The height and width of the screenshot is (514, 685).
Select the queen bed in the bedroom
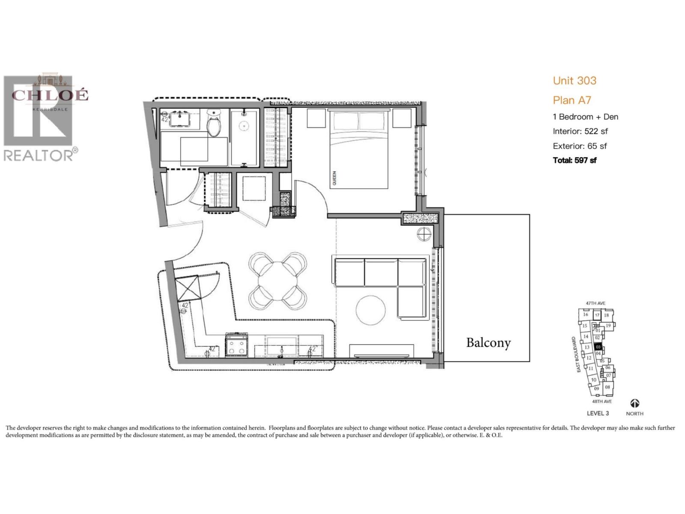tap(359, 150)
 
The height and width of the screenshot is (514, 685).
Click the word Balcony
tap(488, 343)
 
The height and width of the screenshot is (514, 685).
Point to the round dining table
tap(278, 281)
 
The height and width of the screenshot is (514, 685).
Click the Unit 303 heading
tap(575, 81)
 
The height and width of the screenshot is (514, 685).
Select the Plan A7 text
tap(572, 100)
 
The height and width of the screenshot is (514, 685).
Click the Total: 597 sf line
tap(575, 160)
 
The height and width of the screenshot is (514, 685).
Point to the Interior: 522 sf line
tap(580, 131)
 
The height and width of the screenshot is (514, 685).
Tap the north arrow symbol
tap(634, 403)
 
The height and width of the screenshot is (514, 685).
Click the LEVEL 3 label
tap(598, 413)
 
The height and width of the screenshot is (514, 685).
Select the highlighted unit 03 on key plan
tap(599, 347)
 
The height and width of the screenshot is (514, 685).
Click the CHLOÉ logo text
tap(50, 95)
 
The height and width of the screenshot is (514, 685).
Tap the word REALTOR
tap(39, 155)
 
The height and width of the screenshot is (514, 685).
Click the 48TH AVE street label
tap(602, 402)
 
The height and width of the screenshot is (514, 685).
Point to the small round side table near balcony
tap(425, 234)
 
